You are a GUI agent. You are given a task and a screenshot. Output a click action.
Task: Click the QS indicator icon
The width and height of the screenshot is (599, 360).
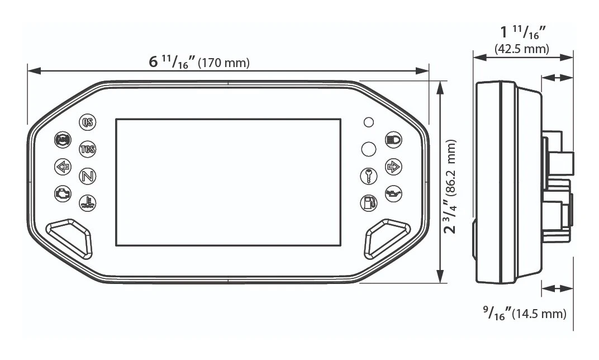tap(87, 122)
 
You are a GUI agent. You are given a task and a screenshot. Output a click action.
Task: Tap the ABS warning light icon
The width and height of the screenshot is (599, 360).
tap(62, 140)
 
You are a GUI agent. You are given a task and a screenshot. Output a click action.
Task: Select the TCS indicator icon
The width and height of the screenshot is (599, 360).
tap(87, 149)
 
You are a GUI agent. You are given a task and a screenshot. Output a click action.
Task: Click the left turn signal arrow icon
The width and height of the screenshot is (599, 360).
tap(62, 167)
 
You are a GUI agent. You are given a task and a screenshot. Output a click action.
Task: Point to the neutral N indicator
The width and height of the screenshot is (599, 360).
tap(87, 176)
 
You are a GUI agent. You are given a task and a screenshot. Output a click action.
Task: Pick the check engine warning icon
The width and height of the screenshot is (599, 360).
tap(62, 193)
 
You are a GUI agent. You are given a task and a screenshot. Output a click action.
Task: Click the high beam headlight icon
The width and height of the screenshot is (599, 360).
tap(393, 140)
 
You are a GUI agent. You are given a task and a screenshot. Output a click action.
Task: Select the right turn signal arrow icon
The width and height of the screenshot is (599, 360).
tap(393, 166)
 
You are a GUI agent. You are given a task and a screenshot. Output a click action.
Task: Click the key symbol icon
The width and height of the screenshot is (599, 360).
tap(368, 175)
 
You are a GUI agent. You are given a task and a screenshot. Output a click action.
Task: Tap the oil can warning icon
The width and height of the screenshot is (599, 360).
tap(393, 193)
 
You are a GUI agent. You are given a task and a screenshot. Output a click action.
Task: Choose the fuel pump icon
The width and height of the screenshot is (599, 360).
tap(368, 202)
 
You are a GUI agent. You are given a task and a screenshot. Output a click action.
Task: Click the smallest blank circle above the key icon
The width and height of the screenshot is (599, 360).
tap(368, 122)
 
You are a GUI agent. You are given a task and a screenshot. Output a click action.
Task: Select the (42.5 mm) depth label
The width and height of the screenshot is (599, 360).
tap(522, 49)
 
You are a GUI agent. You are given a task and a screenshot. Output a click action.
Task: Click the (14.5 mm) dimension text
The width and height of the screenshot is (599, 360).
tap(539, 314)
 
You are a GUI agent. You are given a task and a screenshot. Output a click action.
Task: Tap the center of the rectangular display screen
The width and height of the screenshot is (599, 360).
tap(228, 182)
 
